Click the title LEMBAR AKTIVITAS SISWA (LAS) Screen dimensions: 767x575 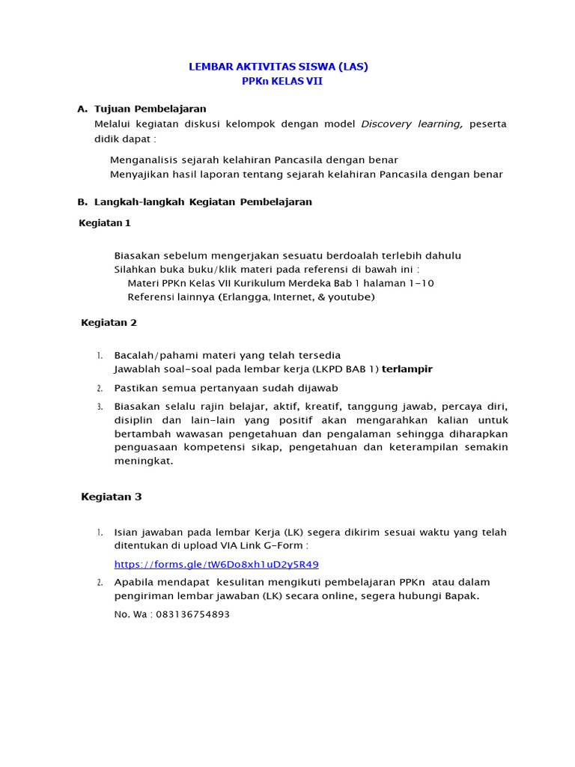tap(278, 67)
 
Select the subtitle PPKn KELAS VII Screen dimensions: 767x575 tap(282, 81)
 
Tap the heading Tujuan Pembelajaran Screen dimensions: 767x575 tap(150, 109)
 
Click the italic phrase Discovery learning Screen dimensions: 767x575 tap(412, 124)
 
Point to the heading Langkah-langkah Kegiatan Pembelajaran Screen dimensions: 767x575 tap(203, 201)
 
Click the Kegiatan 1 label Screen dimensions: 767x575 tap(105, 222)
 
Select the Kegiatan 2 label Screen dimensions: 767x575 tap(109, 323)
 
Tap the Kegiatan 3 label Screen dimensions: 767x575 tap(111, 497)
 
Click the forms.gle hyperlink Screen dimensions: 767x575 tap(216, 564)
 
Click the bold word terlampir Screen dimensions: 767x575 tap(407, 369)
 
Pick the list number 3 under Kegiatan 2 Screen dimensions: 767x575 tap(100, 407)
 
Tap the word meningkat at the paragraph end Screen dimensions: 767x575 tap(143, 461)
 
